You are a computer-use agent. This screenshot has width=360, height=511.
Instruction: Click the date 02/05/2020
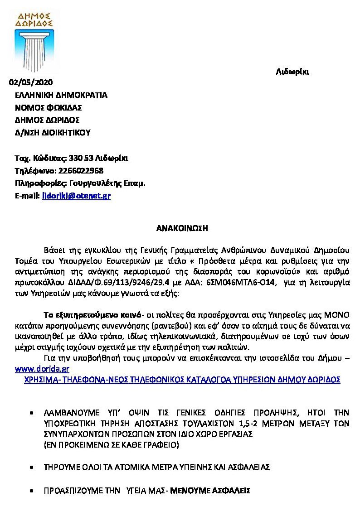[x=31, y=82]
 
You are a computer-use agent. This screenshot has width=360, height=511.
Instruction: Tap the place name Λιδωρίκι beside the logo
[x=292, y=72]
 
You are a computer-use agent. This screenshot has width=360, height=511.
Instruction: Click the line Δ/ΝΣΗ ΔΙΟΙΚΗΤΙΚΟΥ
[x=53, y=133]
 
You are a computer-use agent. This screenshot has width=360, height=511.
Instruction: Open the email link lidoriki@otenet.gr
[x=76, y=196]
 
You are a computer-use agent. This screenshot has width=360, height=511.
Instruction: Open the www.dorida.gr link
[x=39, y=369]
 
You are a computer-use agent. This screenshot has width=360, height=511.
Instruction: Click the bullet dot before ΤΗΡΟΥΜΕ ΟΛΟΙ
[x=31, y=467]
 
